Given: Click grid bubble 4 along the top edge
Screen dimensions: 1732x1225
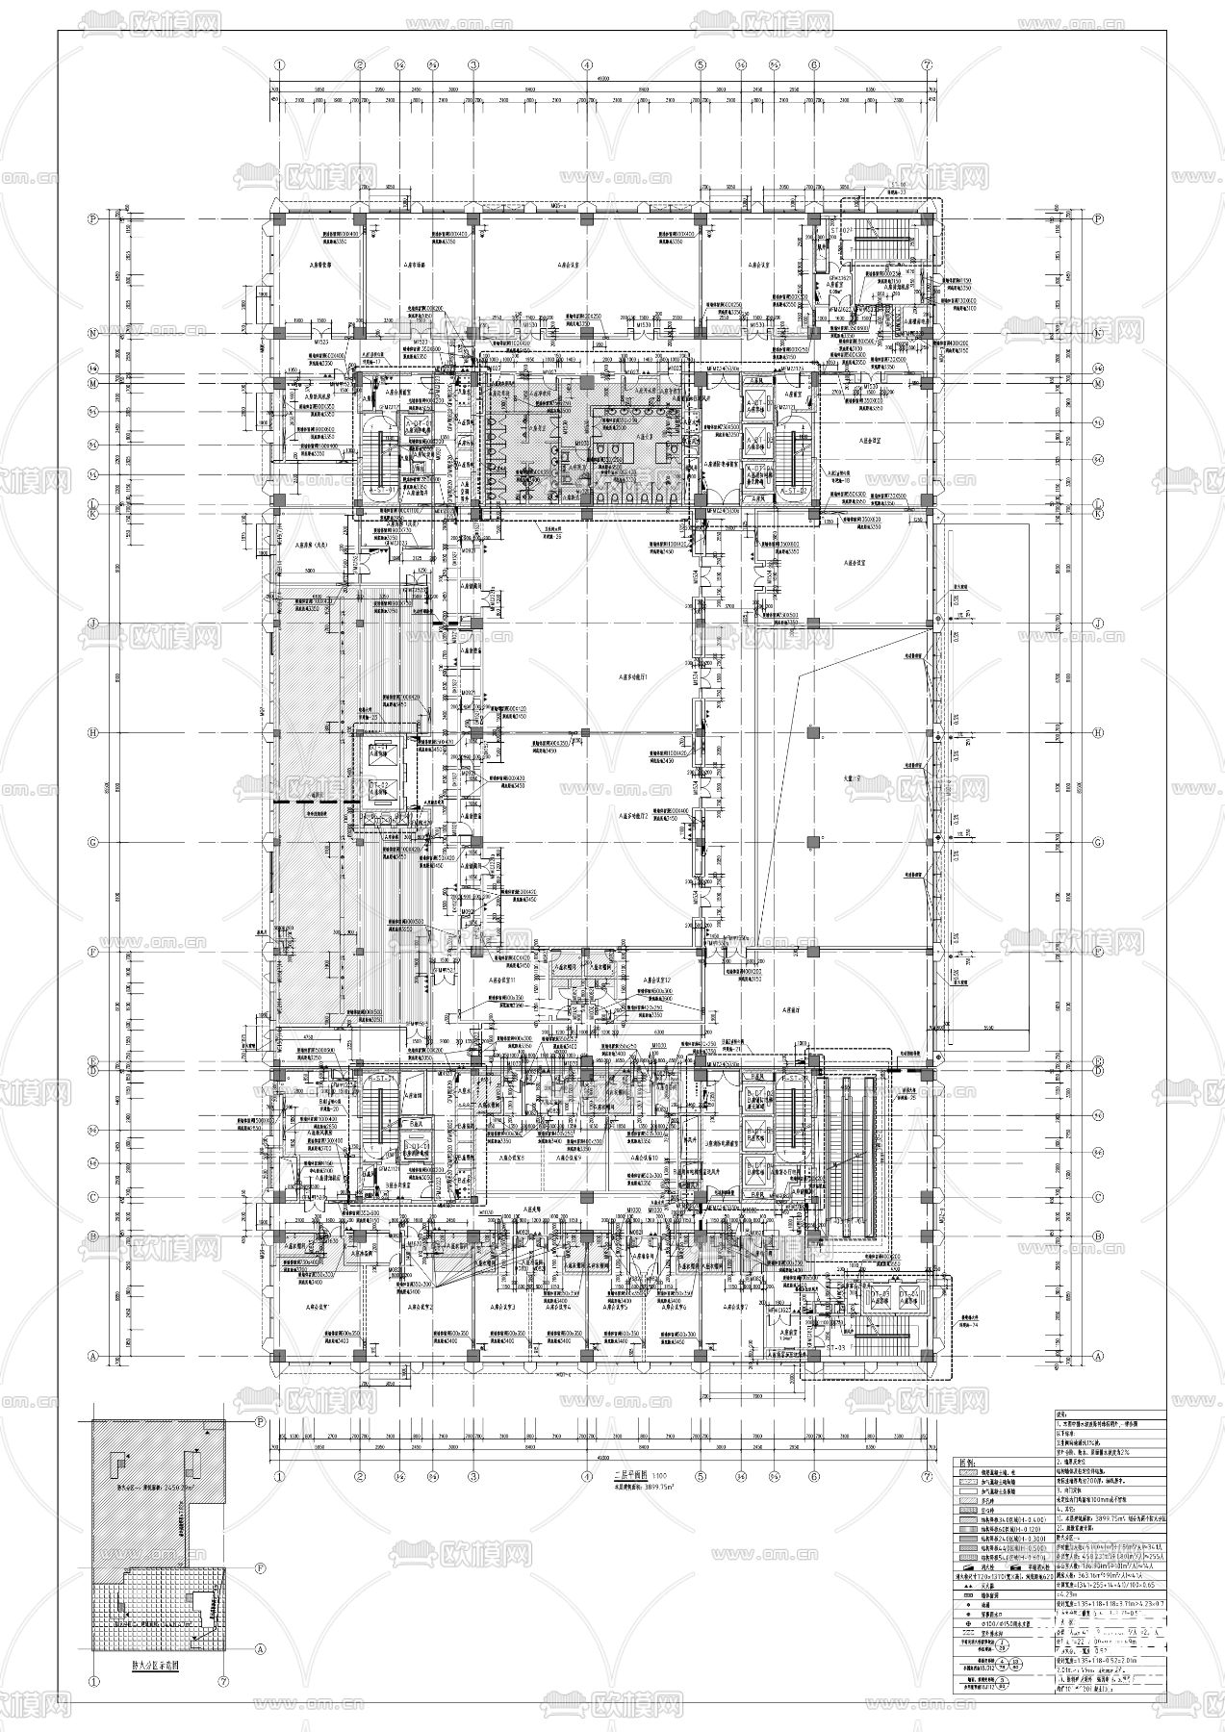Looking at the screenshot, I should (587, 64).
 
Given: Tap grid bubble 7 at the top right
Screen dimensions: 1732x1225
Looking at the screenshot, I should (928, 64).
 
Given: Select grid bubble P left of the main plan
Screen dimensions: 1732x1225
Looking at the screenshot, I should (94, 218).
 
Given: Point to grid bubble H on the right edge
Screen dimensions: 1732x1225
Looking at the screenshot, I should (1098, 732).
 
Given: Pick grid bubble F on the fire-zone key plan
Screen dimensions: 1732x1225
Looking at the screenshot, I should (260, 1567).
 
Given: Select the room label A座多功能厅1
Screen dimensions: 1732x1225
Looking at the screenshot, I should (636, 677).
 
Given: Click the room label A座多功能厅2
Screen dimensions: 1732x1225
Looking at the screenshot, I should (635, 814).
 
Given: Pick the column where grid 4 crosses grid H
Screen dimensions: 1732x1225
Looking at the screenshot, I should (587, 732).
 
